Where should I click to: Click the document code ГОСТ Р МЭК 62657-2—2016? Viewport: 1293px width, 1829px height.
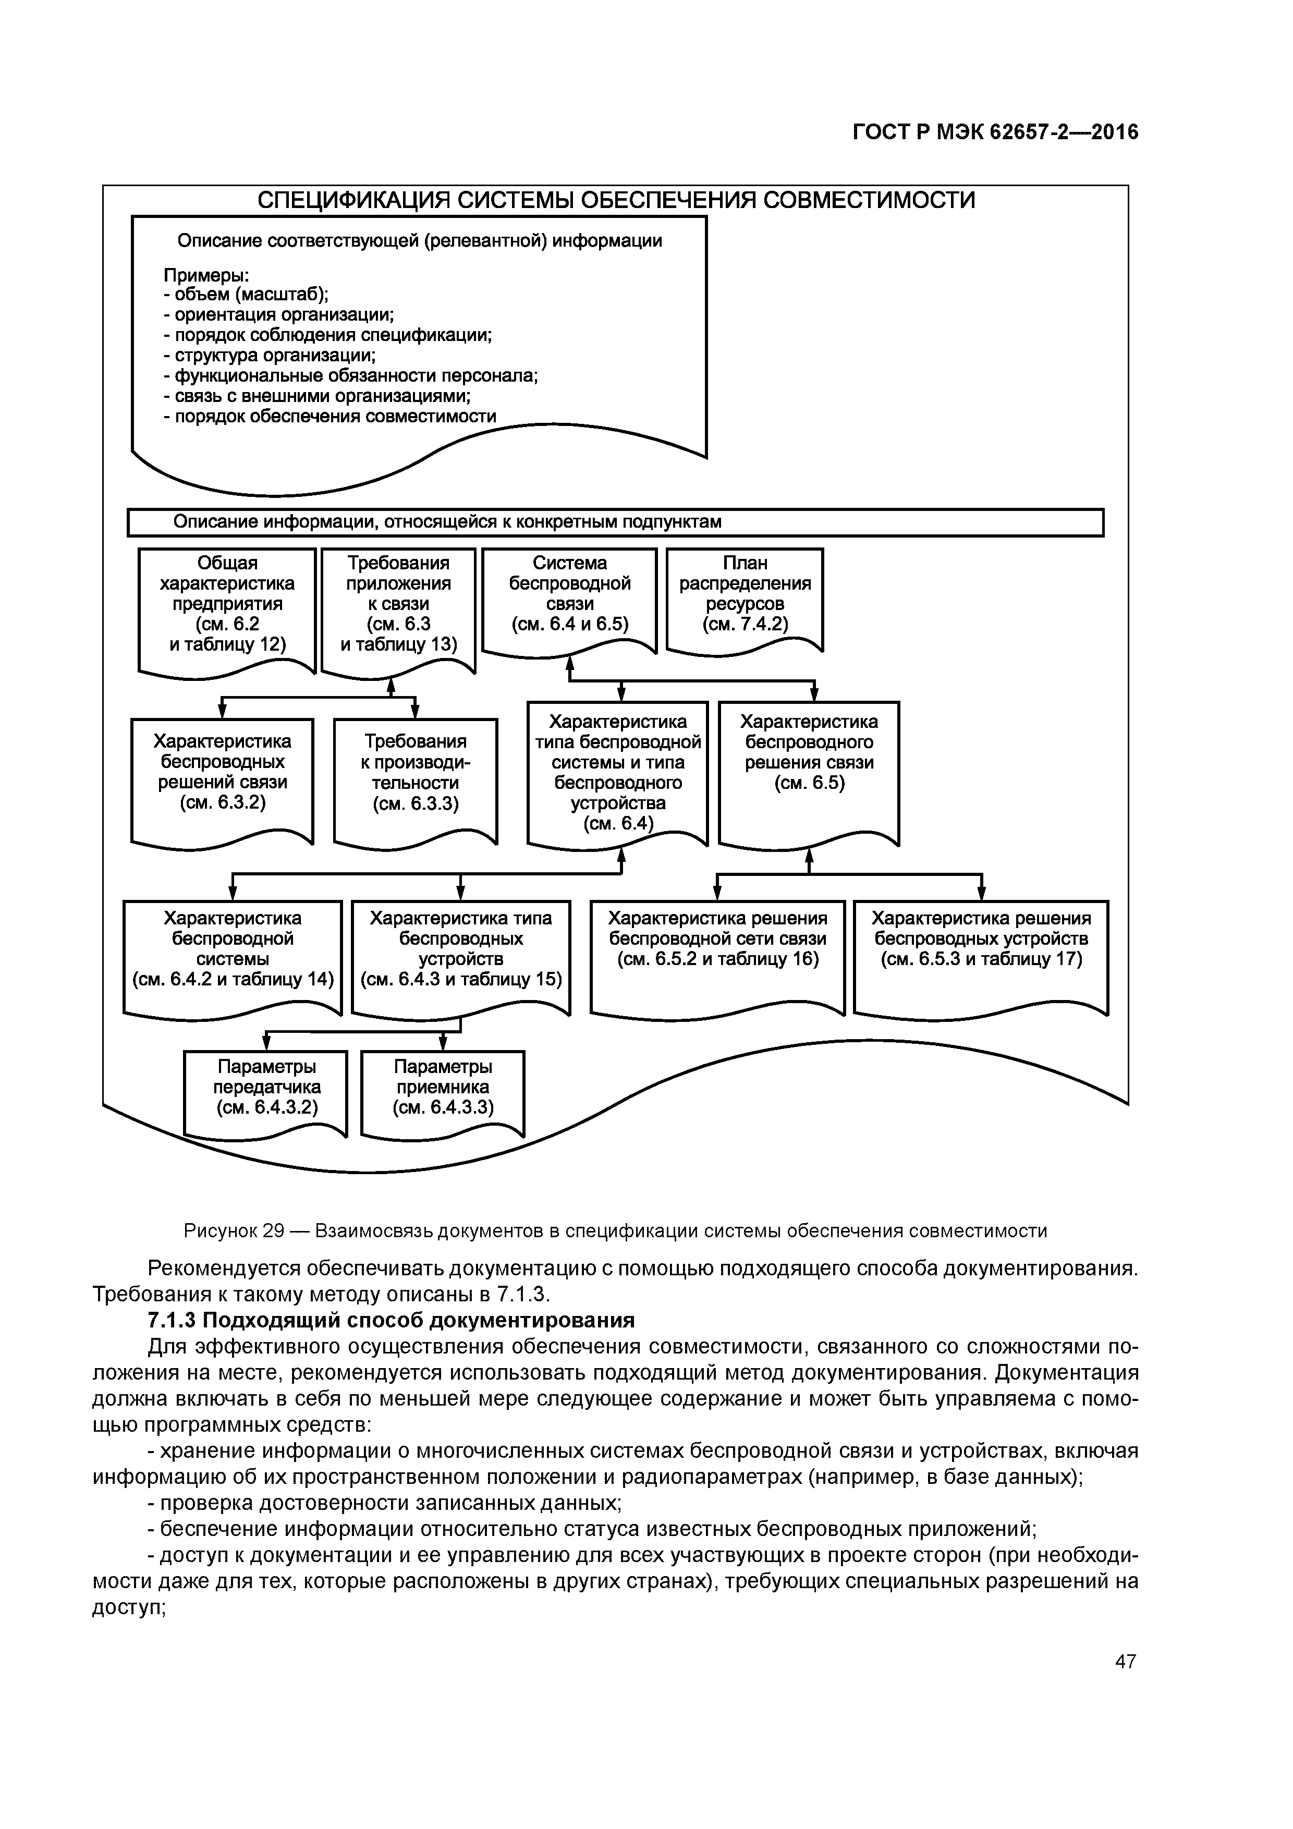tap(995, 132)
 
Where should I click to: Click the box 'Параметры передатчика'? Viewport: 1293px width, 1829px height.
tap(266, 1088)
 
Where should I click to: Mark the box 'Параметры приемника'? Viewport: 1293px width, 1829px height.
tap(443, 1088)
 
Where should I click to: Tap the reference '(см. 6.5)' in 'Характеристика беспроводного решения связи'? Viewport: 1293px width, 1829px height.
tap(809, 783)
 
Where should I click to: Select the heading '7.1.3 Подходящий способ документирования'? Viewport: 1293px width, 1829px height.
tap(391, 1320)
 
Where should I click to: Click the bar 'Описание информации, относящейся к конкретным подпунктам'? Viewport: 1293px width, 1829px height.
tap(615, 522)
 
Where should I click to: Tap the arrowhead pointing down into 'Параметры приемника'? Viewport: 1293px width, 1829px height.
tap(444, 1044)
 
